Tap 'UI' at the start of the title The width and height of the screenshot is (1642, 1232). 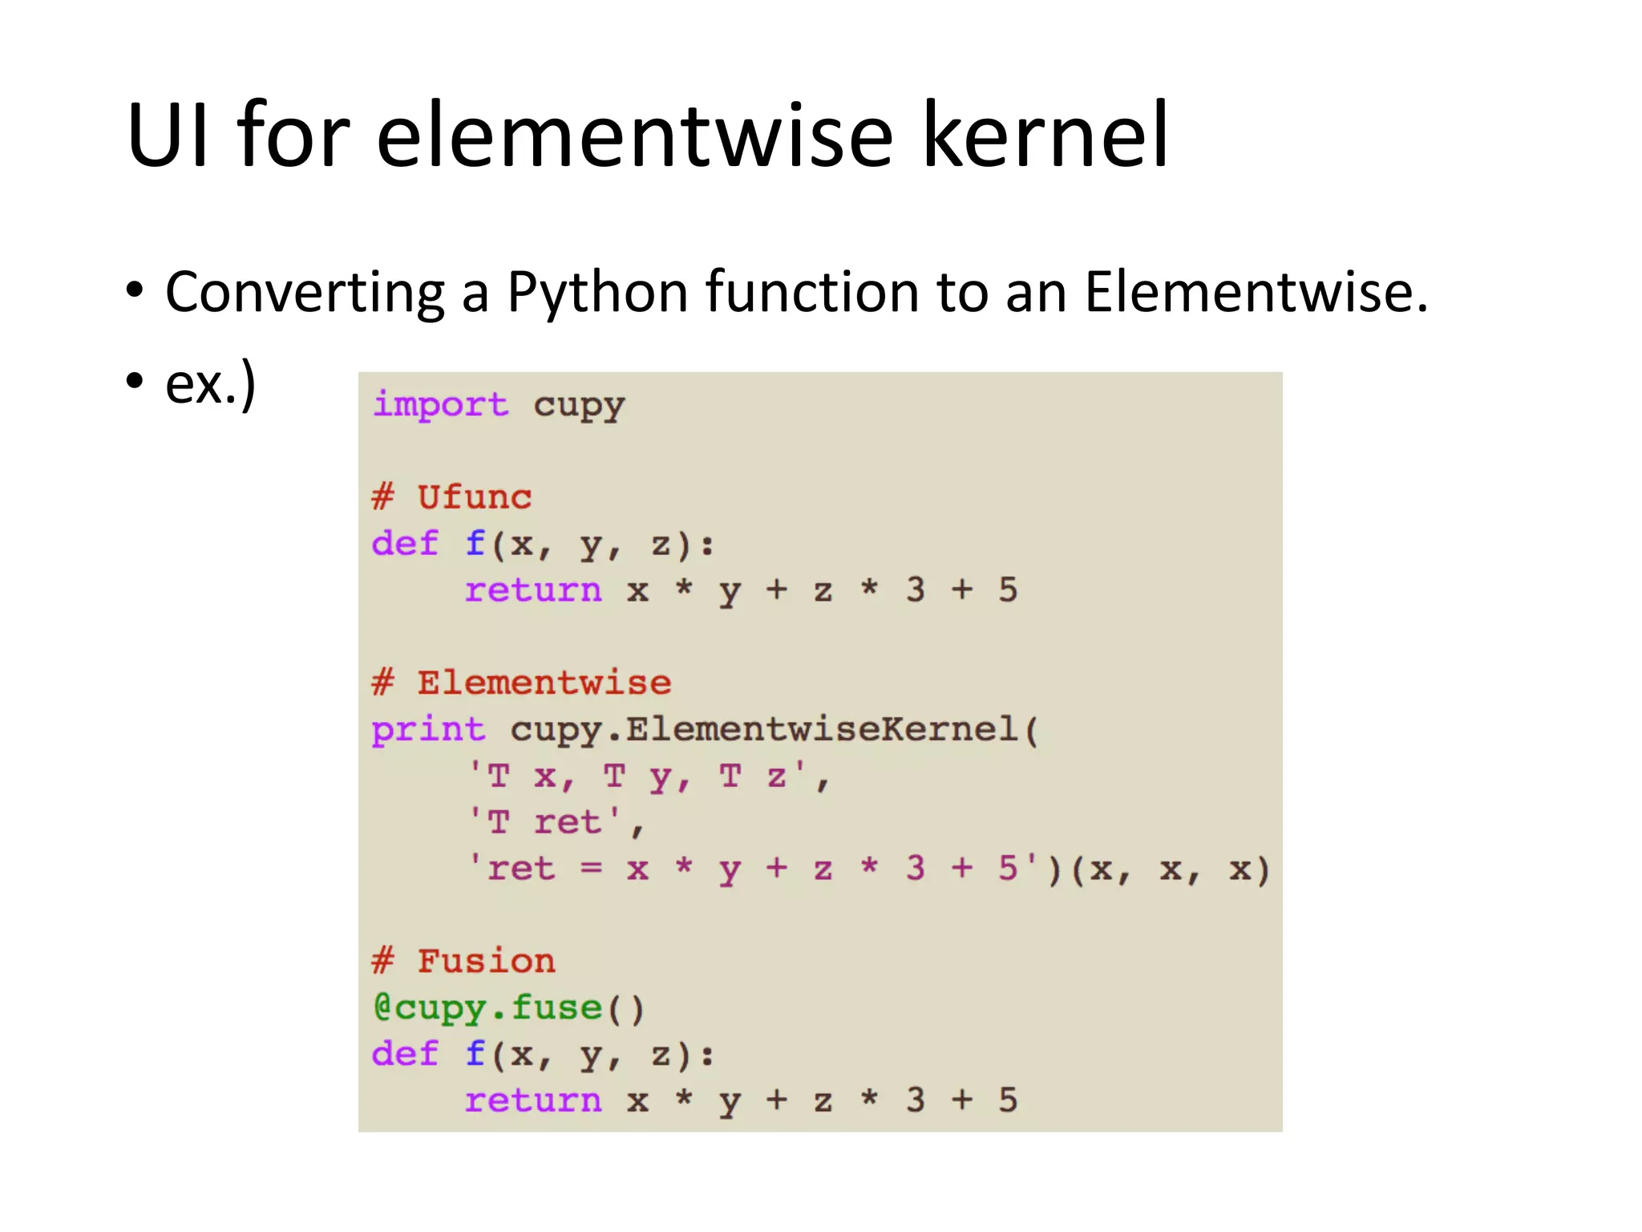pos(168,136)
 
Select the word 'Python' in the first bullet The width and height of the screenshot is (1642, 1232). pos(597,292)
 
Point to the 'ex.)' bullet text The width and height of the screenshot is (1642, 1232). pos(210,383)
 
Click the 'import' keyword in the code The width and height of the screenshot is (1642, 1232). pos(440,404)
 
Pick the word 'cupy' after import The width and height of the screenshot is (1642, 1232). pos(579,406)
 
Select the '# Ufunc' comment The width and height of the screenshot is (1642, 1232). pos(451,497)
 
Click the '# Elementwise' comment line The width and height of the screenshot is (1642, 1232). pos(521,683)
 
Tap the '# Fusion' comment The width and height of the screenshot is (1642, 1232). pos(463,961)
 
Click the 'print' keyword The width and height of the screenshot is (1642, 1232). pos(428,730)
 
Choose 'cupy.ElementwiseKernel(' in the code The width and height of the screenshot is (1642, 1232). pos(774,730)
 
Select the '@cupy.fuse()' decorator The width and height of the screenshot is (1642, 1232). pos(508,1008)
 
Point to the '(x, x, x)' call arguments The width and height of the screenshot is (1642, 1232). pos(1170,869)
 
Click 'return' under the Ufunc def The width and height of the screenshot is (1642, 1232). pos(533,590)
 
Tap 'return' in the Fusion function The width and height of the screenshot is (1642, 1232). pos(533,1100)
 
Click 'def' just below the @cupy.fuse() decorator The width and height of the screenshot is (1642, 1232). pos(405,1054)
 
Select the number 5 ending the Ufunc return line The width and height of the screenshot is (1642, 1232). pos(1008,590)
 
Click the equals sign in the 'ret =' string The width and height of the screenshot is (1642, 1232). pos(591,869)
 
